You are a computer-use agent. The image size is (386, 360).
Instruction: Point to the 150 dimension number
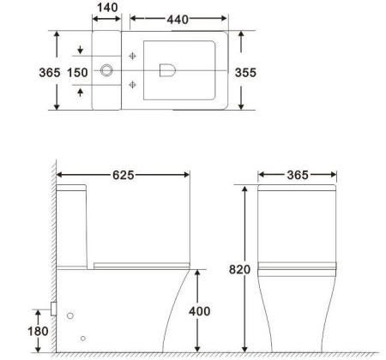coord(78,73)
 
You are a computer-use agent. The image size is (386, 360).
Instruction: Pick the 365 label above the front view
coord(296,175)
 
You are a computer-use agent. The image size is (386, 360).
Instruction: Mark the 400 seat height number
coord(198,310)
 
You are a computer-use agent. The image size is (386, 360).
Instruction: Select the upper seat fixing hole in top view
coord(133,57)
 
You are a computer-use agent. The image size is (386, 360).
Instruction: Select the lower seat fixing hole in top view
coord(133,84)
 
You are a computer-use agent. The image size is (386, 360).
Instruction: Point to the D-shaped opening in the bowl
coord(168,70)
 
